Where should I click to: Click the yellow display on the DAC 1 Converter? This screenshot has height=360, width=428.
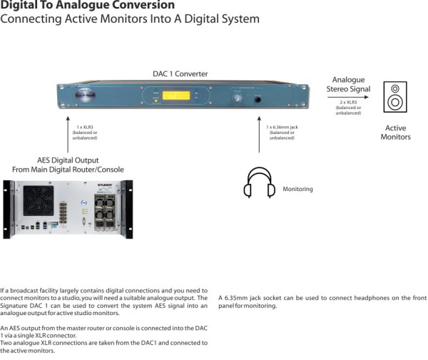click(177, 96)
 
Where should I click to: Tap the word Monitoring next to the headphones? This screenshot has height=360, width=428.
click(297, 190)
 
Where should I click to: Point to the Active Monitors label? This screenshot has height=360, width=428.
click(395, 133)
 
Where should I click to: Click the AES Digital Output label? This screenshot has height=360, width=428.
click(68, 160)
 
